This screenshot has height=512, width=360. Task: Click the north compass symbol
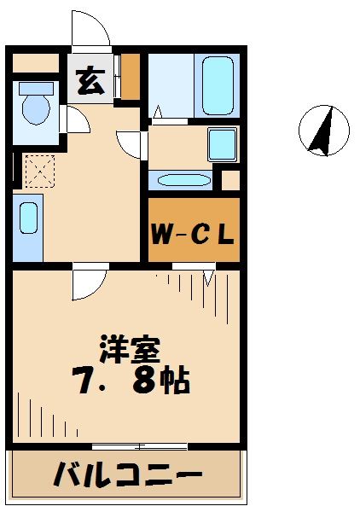coord(323,131)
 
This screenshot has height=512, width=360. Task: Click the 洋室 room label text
coord(129,350)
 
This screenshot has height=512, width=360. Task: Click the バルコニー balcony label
coord(128,473)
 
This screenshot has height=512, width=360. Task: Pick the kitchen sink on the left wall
coord(28,219)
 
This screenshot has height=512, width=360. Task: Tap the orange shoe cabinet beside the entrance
coord(131,76)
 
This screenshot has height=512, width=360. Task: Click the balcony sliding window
coord(140,445)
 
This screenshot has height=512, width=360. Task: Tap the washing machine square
coord(224,143)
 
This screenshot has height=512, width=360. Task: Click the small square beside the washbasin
coord(231,181)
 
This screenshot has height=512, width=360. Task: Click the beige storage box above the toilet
coord(34,62)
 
